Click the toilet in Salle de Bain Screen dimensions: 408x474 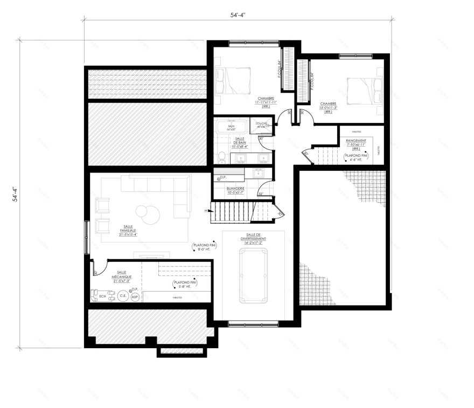221,157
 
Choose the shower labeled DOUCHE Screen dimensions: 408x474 262,128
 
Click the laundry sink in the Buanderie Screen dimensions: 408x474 259,174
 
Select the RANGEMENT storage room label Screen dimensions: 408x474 356,142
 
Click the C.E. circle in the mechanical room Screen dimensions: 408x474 123,295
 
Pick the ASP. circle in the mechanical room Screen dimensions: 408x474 135,296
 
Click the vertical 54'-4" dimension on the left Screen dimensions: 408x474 15,194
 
